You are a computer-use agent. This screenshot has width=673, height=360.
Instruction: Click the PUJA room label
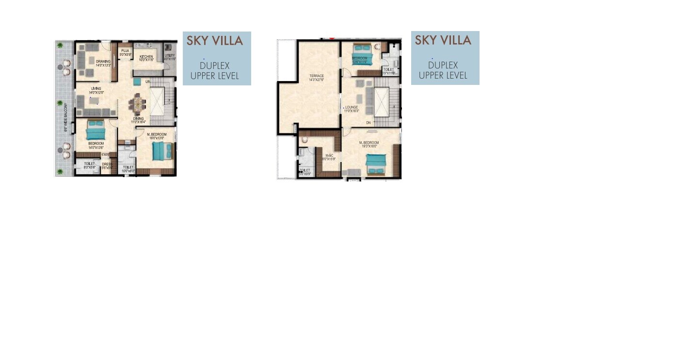(125, 50)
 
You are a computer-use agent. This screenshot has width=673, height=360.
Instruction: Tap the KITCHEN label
(146, 57)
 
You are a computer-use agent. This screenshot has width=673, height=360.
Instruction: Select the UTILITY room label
(170, 56)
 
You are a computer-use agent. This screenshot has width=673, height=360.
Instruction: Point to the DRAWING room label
(103, 62)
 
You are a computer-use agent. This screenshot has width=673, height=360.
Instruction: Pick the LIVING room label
(96, 89)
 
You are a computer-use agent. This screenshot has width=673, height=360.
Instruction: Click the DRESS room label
(107, 164)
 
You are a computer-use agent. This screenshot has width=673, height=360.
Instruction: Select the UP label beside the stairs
(147, 82)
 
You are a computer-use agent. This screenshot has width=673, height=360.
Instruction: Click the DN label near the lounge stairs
(369, 123)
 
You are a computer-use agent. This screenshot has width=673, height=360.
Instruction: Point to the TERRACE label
(317, 76)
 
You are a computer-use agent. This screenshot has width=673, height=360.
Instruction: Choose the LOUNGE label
(352, 107)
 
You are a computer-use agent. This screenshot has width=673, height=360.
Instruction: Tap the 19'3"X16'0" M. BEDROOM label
(369, 143)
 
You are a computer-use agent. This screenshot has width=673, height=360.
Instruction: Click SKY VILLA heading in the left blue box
(215, 41)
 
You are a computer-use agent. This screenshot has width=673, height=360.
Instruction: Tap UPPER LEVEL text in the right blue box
(443, 75)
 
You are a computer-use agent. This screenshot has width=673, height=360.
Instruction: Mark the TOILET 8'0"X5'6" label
(89, 164)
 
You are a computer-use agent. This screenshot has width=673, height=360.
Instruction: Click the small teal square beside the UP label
(137, 82)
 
